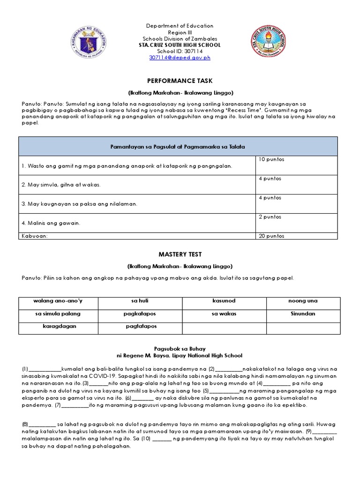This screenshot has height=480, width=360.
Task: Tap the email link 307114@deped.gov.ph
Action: coord(180,58)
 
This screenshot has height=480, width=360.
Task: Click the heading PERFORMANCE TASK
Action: coord(180,81)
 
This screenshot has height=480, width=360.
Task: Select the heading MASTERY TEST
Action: coord(180,255)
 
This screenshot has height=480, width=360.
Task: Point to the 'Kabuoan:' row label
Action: coord(35,236)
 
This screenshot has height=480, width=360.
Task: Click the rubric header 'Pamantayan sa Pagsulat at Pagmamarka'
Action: coord(178,147)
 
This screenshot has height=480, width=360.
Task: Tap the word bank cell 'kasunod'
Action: coord(224,301)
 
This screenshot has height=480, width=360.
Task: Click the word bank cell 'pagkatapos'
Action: coord(141,314)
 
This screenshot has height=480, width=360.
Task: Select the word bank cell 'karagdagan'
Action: coord(59,326)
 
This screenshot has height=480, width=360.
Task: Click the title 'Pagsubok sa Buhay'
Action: coord(180,349)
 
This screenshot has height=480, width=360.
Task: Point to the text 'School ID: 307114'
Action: coord(180,52)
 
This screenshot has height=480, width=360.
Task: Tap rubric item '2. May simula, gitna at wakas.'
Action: coord(61,185)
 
